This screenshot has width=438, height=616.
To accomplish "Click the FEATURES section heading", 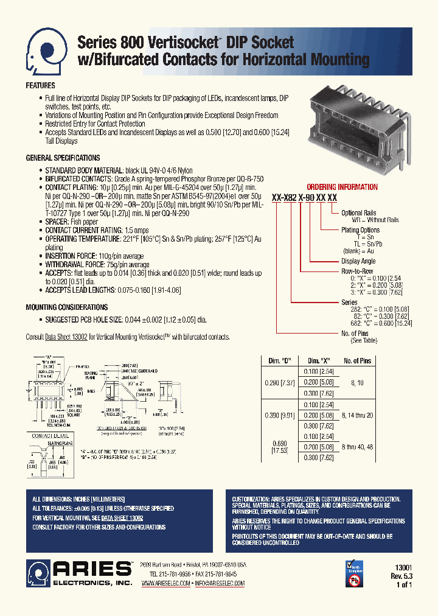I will point(40,86).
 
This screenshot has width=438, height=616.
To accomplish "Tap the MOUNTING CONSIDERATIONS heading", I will point(66,307).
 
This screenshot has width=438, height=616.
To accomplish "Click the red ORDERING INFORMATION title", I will point(342,187).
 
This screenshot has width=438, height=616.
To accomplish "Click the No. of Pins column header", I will point(357,361).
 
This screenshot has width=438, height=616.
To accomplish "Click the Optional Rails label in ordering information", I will point(360,213).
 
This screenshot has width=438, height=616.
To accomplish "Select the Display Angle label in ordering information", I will point(360,261).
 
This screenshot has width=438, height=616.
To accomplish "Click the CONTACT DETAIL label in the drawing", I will point(50,436).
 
